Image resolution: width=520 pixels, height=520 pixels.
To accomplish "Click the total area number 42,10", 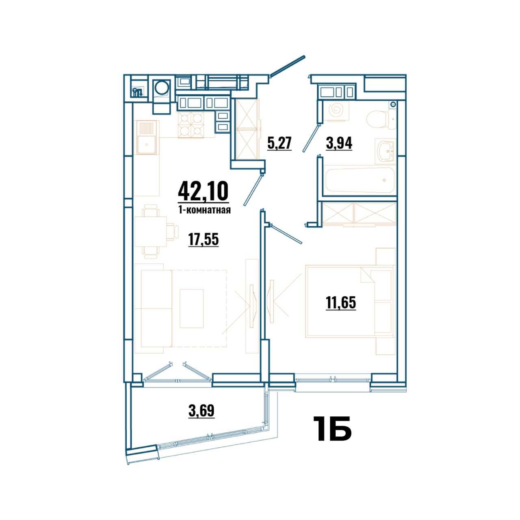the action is pyautogui.click(x=203, y=191).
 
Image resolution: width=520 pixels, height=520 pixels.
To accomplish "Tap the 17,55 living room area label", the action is pyautogui.click(x=203, y=239).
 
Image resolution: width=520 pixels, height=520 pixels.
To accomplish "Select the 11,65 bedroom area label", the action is pyautogui.click(x=341, y=303).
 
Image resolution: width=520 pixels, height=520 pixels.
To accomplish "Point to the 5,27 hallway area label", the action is pyautogui.click(x=279, y=143).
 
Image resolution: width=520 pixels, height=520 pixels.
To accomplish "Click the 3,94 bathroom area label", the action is pyautogui.click(x=339, y=143).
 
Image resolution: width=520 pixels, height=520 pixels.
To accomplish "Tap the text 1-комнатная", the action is pyautogui.click(x=204, y=210).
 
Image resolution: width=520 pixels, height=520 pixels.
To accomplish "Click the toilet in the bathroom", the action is pyautogui.click(x=381, y=117).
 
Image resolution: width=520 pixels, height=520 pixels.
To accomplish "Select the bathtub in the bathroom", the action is pyautogui.click(x=360, y=180).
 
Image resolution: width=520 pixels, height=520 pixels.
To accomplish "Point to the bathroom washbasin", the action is pyautogui.click(x=385, y=151).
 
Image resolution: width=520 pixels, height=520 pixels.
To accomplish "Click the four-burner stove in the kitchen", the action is pyautogui.click(x=191, y=125).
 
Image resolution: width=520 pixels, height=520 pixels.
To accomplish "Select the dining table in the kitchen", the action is pyautogui.click(x=150, y=232).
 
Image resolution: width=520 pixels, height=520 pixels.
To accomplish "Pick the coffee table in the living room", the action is pyautogui.click(x=191, y=308).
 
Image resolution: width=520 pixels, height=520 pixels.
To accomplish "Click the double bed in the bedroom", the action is pyautogui.click(x=350, y=301).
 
